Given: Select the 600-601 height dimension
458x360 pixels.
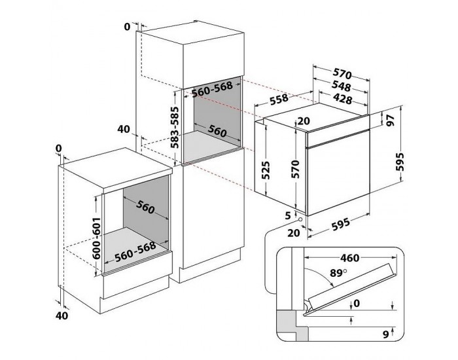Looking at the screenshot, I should [x=97, y=237].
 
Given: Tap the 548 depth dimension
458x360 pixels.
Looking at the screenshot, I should [x=341, y=86].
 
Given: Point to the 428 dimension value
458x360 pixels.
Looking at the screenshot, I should [x=341, y=99].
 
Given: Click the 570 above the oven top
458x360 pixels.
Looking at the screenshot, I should [x=341, y=74].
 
